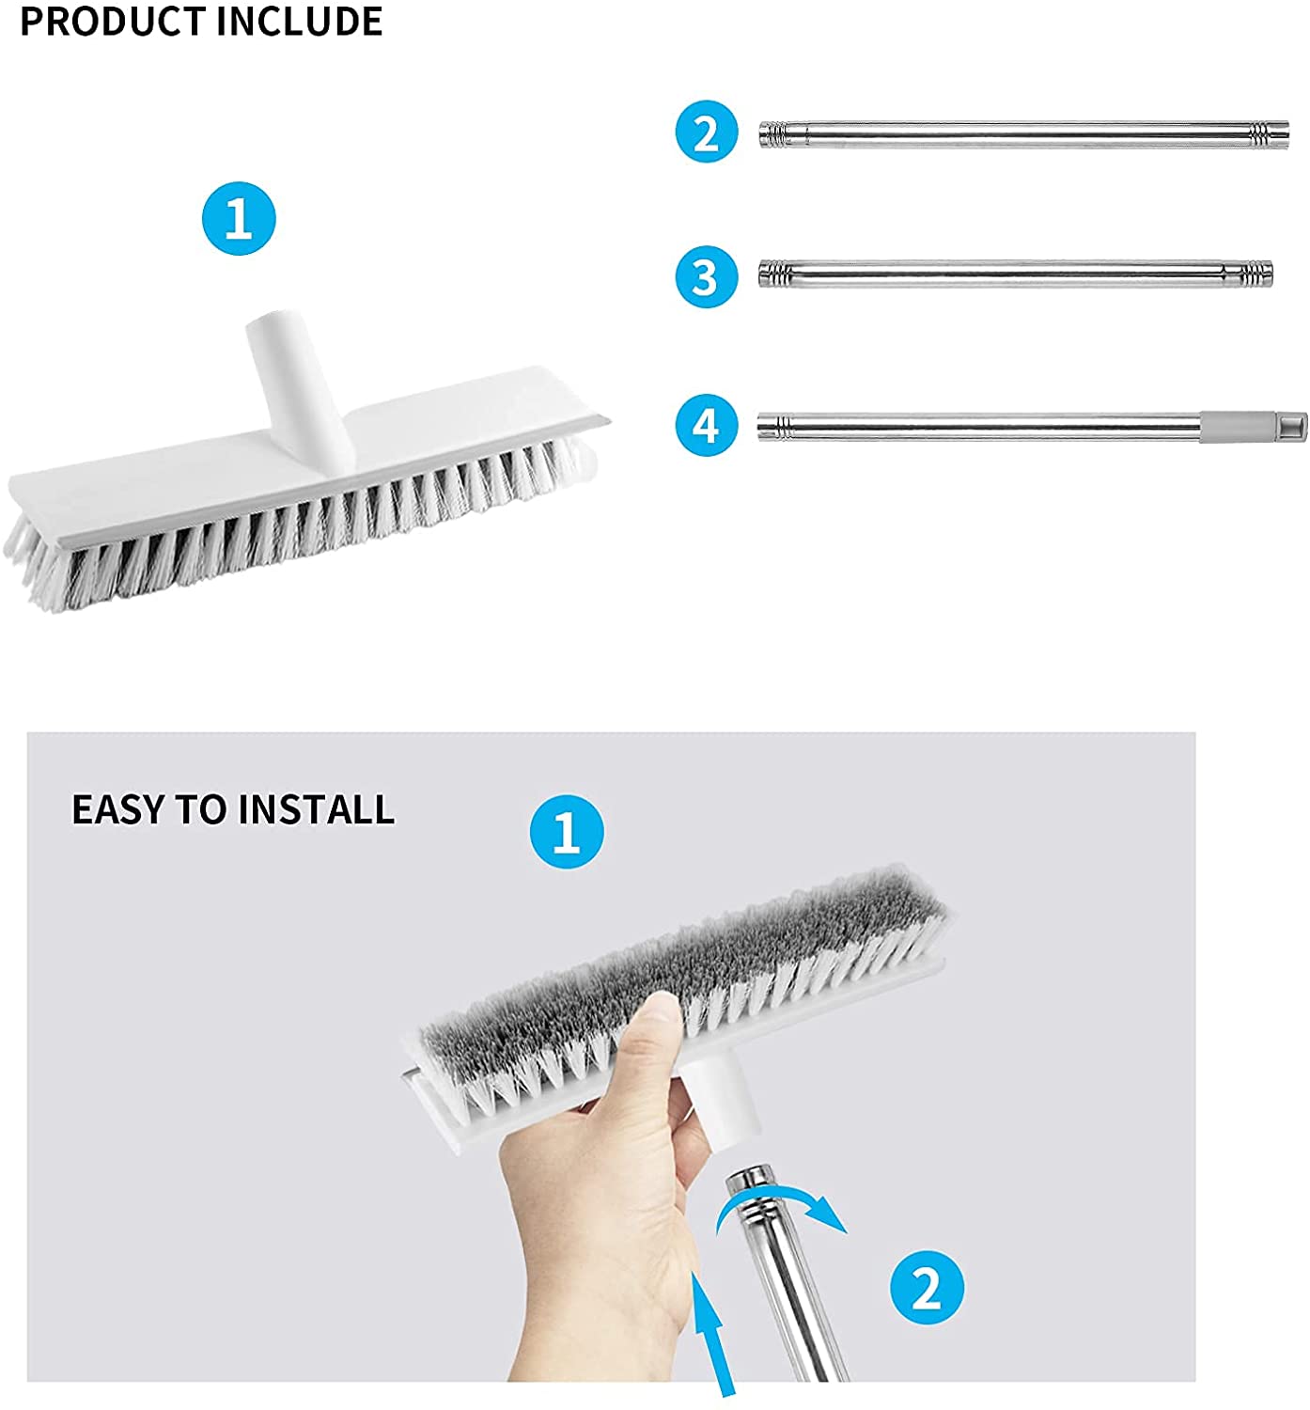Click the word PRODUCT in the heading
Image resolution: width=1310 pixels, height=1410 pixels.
(112, 22)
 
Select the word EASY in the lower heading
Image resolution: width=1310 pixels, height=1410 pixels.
(118, 809)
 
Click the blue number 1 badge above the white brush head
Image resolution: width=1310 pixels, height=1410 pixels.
(239, 219)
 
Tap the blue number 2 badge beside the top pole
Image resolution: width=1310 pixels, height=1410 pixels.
(707, 132)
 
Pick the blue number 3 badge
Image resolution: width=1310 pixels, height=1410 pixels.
(707, 277)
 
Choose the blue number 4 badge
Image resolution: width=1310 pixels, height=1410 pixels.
(707, 425)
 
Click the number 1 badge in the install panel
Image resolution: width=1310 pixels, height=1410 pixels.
(567, 831)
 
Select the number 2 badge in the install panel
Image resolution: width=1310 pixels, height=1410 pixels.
(928, 1287)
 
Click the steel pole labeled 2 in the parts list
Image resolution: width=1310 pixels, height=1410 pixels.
(1024, 134)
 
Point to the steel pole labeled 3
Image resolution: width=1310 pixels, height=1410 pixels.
(1015, 274)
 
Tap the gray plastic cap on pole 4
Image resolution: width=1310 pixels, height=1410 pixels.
(1254, 428)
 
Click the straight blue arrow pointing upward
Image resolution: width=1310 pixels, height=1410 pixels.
(711, 1335)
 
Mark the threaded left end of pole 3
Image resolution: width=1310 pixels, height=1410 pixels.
(774, 274)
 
